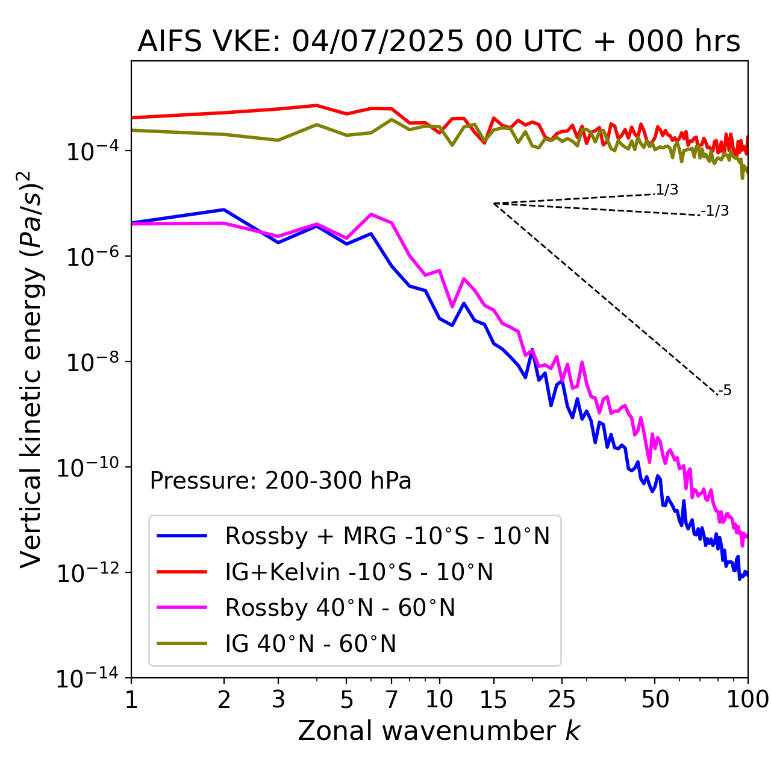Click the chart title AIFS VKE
coord(439,42)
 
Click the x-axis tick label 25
coord(561,699)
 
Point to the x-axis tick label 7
coord(392,699)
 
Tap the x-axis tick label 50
coord(655,699)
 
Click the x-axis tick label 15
coord(493,699)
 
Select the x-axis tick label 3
coord(278,699)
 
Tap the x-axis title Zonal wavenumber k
coord(439,731)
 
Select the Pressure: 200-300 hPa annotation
coord(280,481)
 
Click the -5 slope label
coord(725,390)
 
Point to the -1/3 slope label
coord(715,211)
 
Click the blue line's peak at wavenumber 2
coord(224,210)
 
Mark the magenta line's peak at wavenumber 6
coord(371,214)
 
